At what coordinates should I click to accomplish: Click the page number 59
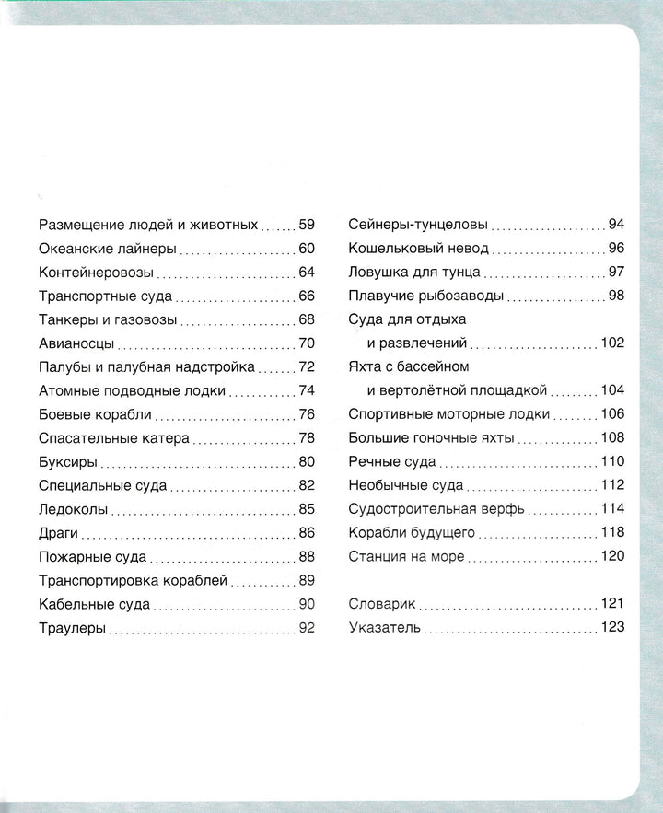click(x=307, y=225)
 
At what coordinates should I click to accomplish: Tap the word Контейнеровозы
click(x=97, y=273)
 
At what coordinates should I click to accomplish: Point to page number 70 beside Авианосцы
click(x=307, y=343)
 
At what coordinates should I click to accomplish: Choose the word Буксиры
click(x=69, y=462)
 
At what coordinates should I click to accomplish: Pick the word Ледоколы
click(x=75, y=509)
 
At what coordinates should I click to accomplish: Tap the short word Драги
click(x=60, y=533)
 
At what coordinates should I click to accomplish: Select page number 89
click(x=307, y=580)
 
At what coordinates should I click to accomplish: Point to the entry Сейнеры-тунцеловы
click(x=418, y=225)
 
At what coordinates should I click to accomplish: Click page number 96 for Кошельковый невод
click(x=616, y=249)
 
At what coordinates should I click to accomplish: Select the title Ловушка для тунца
click(x=414, y=273)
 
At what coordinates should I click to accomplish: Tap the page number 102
click(x=612, y=343)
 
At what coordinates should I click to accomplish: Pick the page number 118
click(x=612, y=533)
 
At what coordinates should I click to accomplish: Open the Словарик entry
click(x=383, y=604)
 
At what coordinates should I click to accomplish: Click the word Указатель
click(x=385, y=628)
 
